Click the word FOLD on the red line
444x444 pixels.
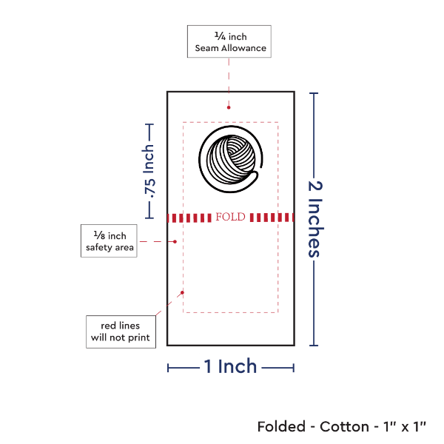(230, 218)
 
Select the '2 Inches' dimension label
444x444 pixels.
(314, 219)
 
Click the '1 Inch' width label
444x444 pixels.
(230, 366)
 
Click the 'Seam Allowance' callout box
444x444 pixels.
(229, 41)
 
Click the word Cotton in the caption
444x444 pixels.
(345, 427)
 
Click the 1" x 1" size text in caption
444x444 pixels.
(403, 427)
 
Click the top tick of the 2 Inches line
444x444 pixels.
(314, 93)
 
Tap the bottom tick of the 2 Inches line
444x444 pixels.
(314, 345)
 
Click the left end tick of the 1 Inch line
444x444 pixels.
(168, 368)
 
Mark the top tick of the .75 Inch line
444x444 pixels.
(149, 124)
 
